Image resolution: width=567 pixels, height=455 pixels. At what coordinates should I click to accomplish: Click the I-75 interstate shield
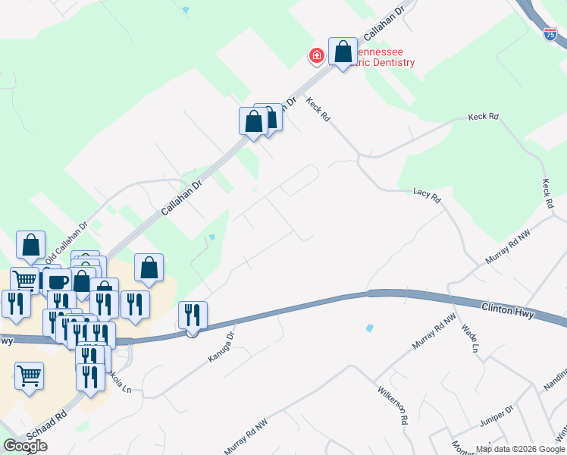pyautogui.click(x=551, y=33)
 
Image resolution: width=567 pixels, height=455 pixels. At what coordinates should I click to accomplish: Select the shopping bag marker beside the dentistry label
pyautogui.click(x=343, y=53)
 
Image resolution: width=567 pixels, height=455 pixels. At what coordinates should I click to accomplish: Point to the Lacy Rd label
pyautogui.click(x=427, y=195)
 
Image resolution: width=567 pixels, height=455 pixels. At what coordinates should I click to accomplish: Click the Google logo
pyautogui.click(x=25, y=446)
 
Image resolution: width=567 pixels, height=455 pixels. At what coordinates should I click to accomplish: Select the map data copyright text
pyautogui.click(x=519, y=449)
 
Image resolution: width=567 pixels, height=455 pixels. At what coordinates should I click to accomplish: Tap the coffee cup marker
pyautogui.click(x=57, y=281)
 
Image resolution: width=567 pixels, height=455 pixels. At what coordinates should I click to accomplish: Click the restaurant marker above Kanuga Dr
pyautogui.click(x=193, y=315)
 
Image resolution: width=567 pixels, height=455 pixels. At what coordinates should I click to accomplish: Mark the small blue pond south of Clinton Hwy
pyautogui.click(x=369, y=328)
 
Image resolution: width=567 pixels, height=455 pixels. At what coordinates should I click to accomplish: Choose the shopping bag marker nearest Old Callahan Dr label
pyautogui.click(x=30, y=245)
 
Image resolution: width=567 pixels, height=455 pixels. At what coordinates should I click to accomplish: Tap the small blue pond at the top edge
pyautogui.click(x=186, y=11)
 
